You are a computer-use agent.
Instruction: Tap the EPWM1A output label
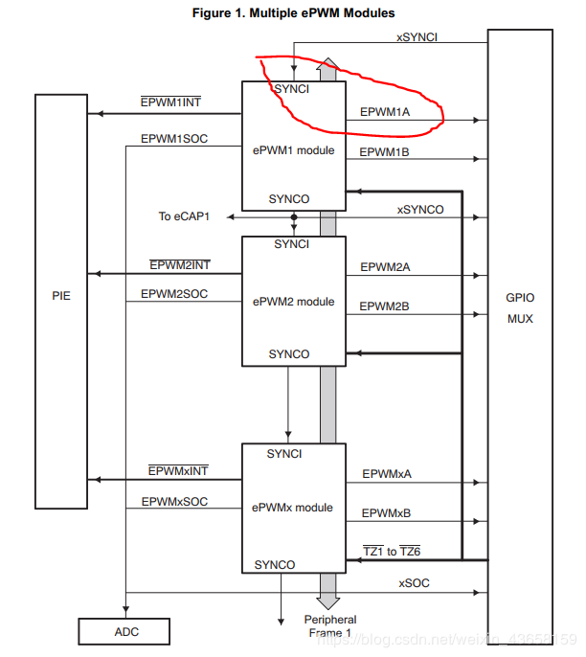click(x=384, y=111)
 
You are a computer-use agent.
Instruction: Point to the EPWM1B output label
click(x=385, y=152)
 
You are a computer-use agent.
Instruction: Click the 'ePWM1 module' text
click(x=292, y=150)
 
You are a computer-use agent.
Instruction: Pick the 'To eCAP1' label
click(x=185, y=216)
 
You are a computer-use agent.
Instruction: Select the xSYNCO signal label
click(x=420, y=210)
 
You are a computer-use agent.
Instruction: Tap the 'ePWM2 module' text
click(x=292, y=302)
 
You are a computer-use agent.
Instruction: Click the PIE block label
click(x=60, y=296)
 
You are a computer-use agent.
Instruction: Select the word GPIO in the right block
click(x=520, y=298)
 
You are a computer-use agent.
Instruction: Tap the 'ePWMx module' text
click(x=292, y=507)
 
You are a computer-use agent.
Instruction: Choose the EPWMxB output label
click(x=386, y=513)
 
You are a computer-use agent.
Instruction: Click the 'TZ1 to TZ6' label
click(x=392, y=551)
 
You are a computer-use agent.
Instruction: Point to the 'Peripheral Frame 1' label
click(x=329, y=626)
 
